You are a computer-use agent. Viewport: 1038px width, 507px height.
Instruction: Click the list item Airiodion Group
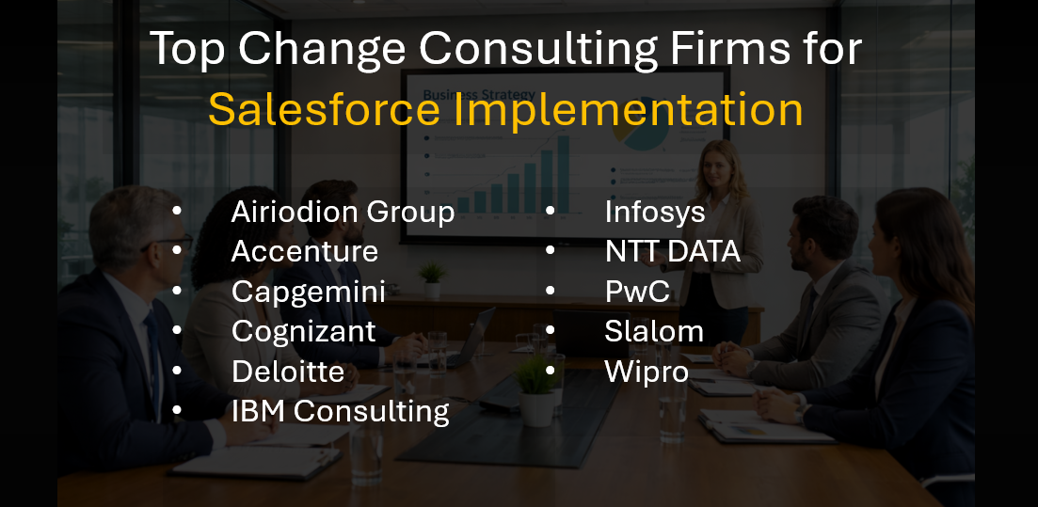tap(343, 212)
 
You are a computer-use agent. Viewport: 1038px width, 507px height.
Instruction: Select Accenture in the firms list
tap(304, 251)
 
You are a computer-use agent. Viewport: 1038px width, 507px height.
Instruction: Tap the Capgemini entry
tap(308, 292)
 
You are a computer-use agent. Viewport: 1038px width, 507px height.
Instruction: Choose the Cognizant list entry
tap(303, 331)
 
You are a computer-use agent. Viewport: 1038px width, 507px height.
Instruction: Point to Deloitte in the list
tap(287, 371)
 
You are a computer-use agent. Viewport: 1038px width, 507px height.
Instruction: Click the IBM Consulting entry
tap(340, 411)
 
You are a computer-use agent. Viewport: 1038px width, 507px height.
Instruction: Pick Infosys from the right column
tap(654, 212)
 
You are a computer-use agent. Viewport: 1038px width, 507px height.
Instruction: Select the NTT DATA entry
tap(672, 251)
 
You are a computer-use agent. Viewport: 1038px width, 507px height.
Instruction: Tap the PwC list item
tap(637, 292)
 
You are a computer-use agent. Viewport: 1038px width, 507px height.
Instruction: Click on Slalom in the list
tap(653, 331)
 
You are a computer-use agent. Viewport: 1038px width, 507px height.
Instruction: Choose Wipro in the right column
tap(646, 371)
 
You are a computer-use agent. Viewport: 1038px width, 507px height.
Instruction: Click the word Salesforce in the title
tap(324, 110)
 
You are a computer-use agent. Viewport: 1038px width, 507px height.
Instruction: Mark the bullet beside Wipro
tap(551, 371)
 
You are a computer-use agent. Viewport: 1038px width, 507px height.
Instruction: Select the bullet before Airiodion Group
tap(178, 212)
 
